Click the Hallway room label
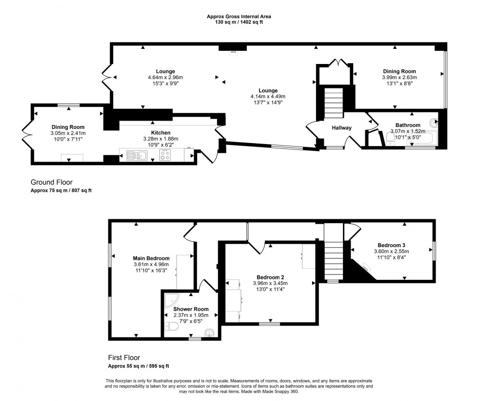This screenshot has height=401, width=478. point(341,128)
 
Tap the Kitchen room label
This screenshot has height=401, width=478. point(160,133)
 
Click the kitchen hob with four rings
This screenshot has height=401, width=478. point(165,155)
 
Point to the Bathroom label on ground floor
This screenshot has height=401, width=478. point(408,126)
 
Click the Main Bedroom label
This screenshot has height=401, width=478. point(151,258)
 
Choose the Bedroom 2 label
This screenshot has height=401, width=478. point(271,277)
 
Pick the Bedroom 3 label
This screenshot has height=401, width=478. point(392,245)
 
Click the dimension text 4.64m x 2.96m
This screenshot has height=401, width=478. point(165,77)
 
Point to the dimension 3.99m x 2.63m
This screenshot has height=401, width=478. point(399,77)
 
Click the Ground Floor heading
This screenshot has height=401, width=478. point(51,182)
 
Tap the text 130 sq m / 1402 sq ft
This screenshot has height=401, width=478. point(239,22)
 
